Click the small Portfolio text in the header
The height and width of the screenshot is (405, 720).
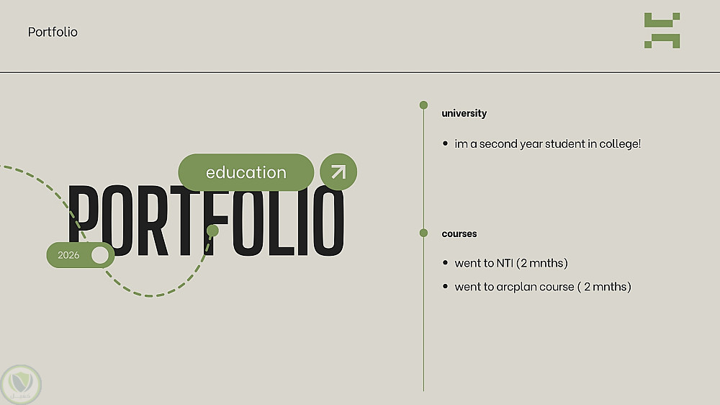click(x=53, y=32)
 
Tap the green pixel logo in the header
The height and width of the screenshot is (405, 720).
click(x=662, y=30)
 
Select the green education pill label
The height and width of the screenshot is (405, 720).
click(x=246, y=172)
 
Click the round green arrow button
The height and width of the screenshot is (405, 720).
click(x=338, y=172)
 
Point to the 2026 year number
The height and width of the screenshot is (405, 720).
click(x=68, y=255)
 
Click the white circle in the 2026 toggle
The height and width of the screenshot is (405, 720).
click(x=100, y=255)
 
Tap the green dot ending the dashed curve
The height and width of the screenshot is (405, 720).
click(x=212, y=231)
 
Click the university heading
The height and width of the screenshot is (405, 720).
click(x=464, y=114)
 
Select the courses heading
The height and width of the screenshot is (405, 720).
click(x=459, y=233)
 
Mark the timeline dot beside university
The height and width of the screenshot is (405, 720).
click(x=423, y=105)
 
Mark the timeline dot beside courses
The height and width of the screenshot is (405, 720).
click(x=423, y=233)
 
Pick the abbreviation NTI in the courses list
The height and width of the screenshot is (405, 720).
click(x=505, y=264)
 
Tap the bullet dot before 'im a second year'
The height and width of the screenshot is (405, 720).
click(x=445, y=143)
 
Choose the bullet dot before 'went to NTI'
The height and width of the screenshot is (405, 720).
click(x=445, y=263)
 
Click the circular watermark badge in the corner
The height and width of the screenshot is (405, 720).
click(x=21, y=385)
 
